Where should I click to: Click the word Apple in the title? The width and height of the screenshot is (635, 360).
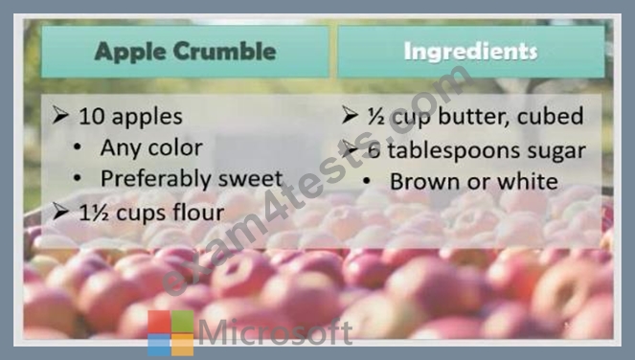pos(129,53)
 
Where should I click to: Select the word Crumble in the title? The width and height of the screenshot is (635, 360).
pos(225,51)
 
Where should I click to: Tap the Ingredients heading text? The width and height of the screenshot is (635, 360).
pos(470,53)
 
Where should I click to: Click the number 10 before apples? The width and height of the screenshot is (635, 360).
pos(92,117)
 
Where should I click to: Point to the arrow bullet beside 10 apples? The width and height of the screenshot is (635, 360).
pos(60,115)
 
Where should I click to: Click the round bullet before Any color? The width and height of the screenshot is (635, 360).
pos(78,148)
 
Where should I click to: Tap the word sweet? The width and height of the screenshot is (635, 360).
pos(250,179)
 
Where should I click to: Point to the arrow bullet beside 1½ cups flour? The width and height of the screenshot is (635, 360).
pos(60,212)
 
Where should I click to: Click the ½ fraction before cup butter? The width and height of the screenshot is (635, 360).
pos(375,117)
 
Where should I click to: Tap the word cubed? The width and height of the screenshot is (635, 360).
pos(551,116)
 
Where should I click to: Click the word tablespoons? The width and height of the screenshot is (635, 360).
pos(454,151)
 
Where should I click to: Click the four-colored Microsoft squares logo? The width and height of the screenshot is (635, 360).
pos(170,333)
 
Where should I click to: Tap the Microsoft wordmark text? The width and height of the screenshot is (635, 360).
pos(276,332)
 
